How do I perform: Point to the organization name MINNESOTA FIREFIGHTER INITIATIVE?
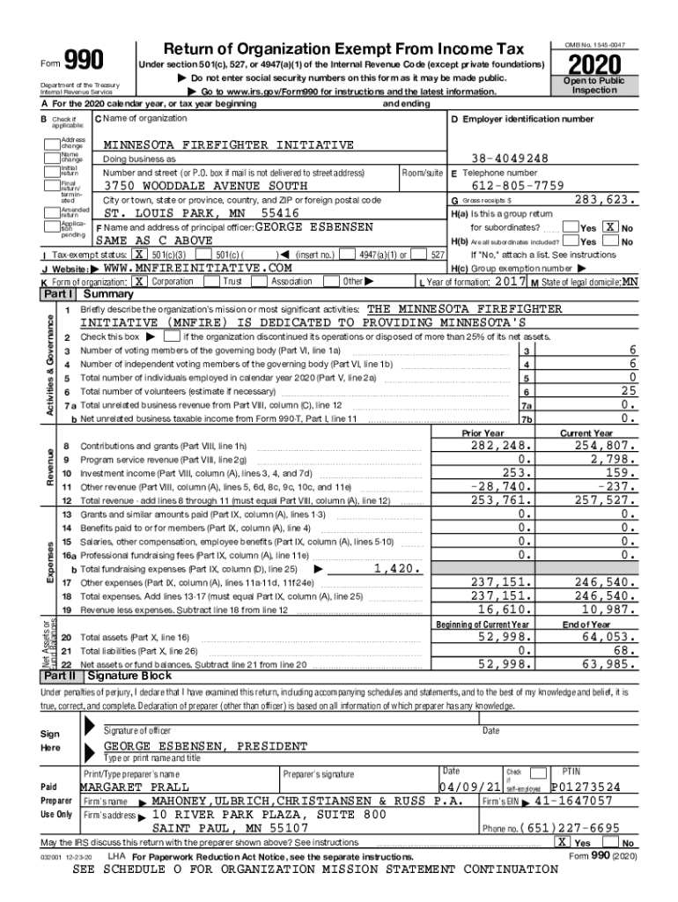[x=228, y=144]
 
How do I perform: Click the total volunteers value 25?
[x=627, y=390]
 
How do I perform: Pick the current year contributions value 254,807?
[x=604, y=446]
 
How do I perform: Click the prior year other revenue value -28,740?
[x=501, y=485]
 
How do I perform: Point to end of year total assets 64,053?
[x=608, y=637]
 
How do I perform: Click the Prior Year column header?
[x=483, y=433]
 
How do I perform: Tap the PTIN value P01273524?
[x=593, y=786]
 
